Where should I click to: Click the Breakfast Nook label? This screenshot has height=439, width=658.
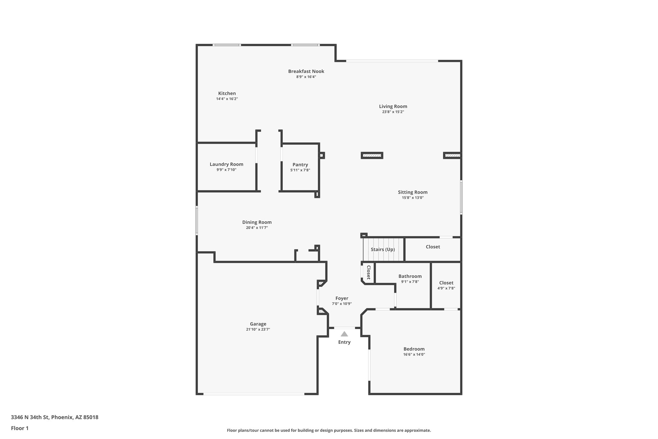[x=306, y=71]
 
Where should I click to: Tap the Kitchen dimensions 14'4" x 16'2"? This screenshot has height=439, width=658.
[x=227, y=99]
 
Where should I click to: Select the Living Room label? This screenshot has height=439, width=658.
[x=393, y=106]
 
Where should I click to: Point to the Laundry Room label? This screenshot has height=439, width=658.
[x=226, y=164]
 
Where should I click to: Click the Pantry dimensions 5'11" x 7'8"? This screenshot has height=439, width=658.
[x=300, y=170]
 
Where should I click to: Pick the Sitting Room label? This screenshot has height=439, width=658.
[x=413, y=192]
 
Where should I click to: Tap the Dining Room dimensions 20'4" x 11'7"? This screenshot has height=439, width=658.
[x=257, y=228]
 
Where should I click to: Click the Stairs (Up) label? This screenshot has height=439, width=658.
[x=383, y=250]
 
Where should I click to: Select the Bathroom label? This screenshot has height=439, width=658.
[x=410, y=276]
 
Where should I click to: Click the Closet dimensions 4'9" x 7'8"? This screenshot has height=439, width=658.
[x=446, y=288]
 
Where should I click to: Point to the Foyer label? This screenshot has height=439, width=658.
[x=342, y=298]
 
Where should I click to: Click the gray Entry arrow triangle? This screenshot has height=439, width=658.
[x=344, y=334]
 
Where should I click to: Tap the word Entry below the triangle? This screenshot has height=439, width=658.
[x=344, y=342]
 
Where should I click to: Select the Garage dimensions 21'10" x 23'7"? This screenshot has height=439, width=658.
[x=258, y=329]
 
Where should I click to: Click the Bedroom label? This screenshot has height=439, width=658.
[x=414, y=349]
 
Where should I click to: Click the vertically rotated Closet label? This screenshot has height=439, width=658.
[x=369, y=272]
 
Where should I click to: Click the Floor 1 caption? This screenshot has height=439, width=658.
[x=20, y=428]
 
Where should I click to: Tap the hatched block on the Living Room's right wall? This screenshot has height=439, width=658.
[x=452, y=156]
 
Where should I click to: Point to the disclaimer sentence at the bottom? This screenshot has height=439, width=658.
[x=329, y=430]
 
